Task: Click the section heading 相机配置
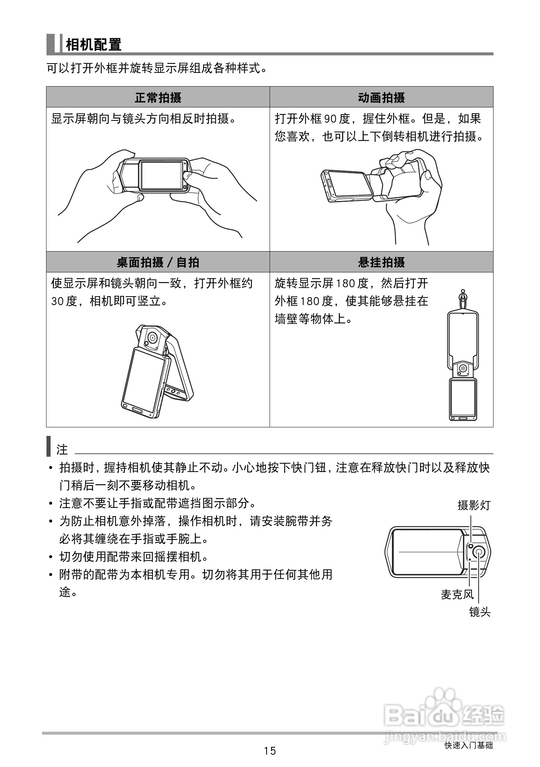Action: pos(93,45)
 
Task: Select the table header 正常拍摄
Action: pos(158,98)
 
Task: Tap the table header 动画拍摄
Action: pos(381,98)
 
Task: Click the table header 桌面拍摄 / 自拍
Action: pos(158,262)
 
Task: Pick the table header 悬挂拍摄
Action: pos(381,262)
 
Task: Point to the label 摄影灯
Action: pos(474,505)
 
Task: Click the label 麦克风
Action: pos(457,595)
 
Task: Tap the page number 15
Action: pos(270,751)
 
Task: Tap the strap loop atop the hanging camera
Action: pos(462,297)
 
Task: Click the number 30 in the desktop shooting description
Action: pos(58,301)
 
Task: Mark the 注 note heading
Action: pos(62,450)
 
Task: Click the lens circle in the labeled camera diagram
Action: pos(478,553)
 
